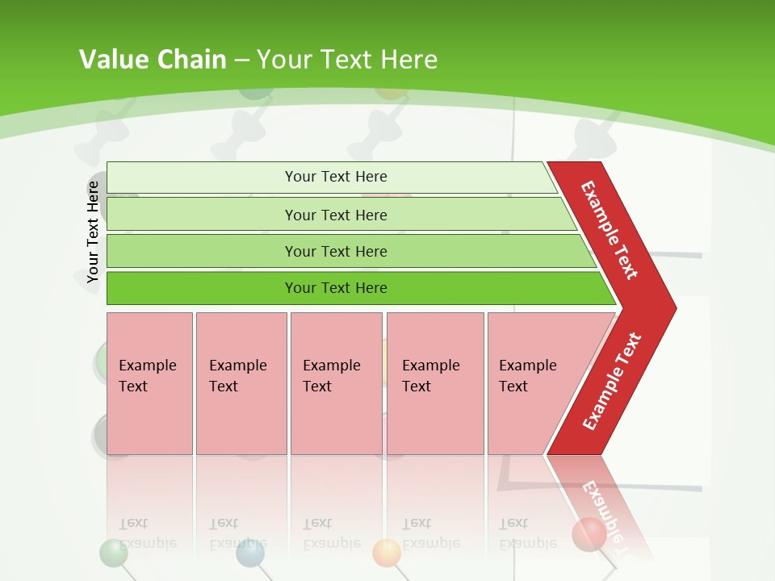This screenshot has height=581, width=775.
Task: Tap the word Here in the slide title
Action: [x=408, y=59]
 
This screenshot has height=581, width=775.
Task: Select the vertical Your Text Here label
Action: [x=93, y=232]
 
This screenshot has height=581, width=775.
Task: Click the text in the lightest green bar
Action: [x=336, y=177]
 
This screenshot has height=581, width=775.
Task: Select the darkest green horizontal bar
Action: [x=336, y=288]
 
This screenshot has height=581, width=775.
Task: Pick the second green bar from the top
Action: [x=336, y=215]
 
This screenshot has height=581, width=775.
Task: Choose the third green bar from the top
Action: [x=336, y=251]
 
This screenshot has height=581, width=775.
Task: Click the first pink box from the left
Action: [x=149, y=383]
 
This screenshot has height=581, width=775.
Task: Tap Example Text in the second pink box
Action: [x=237, y=376]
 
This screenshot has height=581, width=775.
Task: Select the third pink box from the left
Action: [x=336, y=383]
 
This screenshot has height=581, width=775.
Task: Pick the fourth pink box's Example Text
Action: [x=430, y=376]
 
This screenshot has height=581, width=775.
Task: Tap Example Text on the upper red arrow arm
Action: [x=610, y=230]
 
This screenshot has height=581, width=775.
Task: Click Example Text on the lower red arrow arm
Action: [x=612, y=382]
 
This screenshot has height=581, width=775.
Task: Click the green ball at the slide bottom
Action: [x=113, y=554]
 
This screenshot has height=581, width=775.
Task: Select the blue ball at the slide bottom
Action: [x=250, y=554]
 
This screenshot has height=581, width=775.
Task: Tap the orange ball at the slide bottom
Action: [x=387, y=553]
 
